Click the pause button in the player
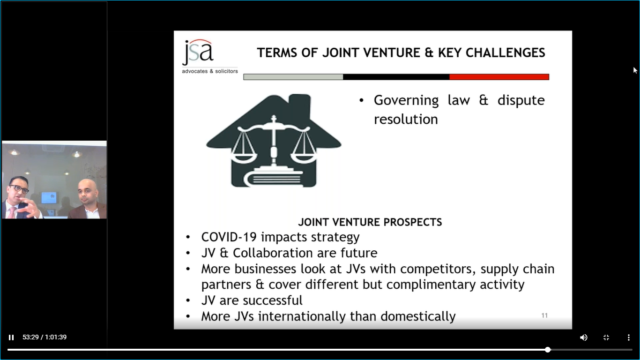click(11, 337)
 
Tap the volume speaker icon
click(583, 337)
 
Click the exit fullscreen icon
click(606, 337)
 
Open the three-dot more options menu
click(629, 337)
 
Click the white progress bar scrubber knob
click(547, 349)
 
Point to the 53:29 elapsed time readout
click(30, 337)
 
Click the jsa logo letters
click(198, 52)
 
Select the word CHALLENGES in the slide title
click(506, 52)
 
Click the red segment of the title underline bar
click(499, 77)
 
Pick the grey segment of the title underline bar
click(293, 77)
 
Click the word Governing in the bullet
click(406, 101)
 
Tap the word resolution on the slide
click(406, 119)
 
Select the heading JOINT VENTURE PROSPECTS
click(370, 222)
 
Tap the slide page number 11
click(544, 315)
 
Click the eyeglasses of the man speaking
click(19, 188)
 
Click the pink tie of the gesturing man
click(12, 213)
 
